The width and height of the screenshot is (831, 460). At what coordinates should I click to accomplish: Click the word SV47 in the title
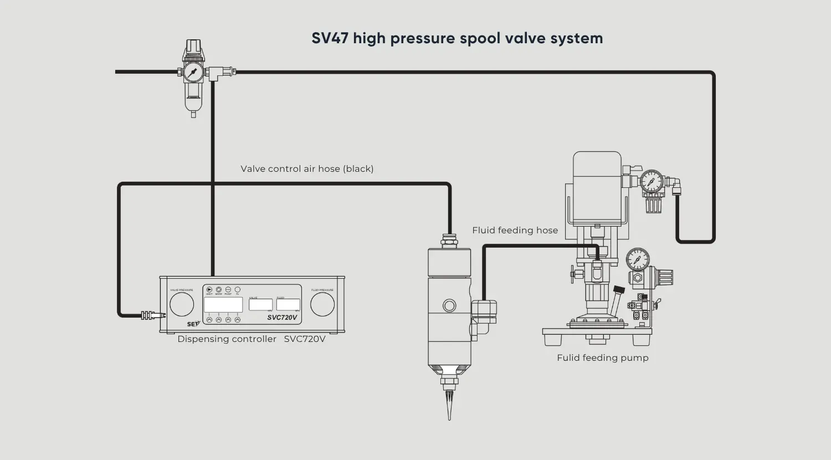330,39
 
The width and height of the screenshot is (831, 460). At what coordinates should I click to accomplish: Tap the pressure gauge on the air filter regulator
193,72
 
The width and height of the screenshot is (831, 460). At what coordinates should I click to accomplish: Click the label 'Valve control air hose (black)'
307,168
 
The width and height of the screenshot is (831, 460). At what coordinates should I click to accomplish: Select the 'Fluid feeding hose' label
515,230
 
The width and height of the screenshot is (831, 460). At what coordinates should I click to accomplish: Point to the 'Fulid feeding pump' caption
602,357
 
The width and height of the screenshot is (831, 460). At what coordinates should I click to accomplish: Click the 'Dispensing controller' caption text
227,339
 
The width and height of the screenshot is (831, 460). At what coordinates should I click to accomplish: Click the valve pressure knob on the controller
182,304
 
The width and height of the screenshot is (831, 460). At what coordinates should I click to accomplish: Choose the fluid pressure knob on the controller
322,304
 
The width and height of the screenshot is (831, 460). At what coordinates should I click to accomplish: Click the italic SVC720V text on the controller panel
282,318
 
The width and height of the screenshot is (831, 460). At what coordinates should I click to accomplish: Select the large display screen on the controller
223,305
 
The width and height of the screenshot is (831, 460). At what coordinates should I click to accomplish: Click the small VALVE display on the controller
260,305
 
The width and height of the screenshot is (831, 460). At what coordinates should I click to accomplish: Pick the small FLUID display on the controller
288,305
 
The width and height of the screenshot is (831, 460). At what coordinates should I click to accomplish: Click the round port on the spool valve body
449,305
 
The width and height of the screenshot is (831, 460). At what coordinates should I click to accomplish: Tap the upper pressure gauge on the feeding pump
652,181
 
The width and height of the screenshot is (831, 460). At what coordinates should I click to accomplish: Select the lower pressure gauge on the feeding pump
638,259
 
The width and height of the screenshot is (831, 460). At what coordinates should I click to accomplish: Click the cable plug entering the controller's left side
150,315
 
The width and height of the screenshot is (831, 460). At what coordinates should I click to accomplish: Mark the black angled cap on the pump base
619,290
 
